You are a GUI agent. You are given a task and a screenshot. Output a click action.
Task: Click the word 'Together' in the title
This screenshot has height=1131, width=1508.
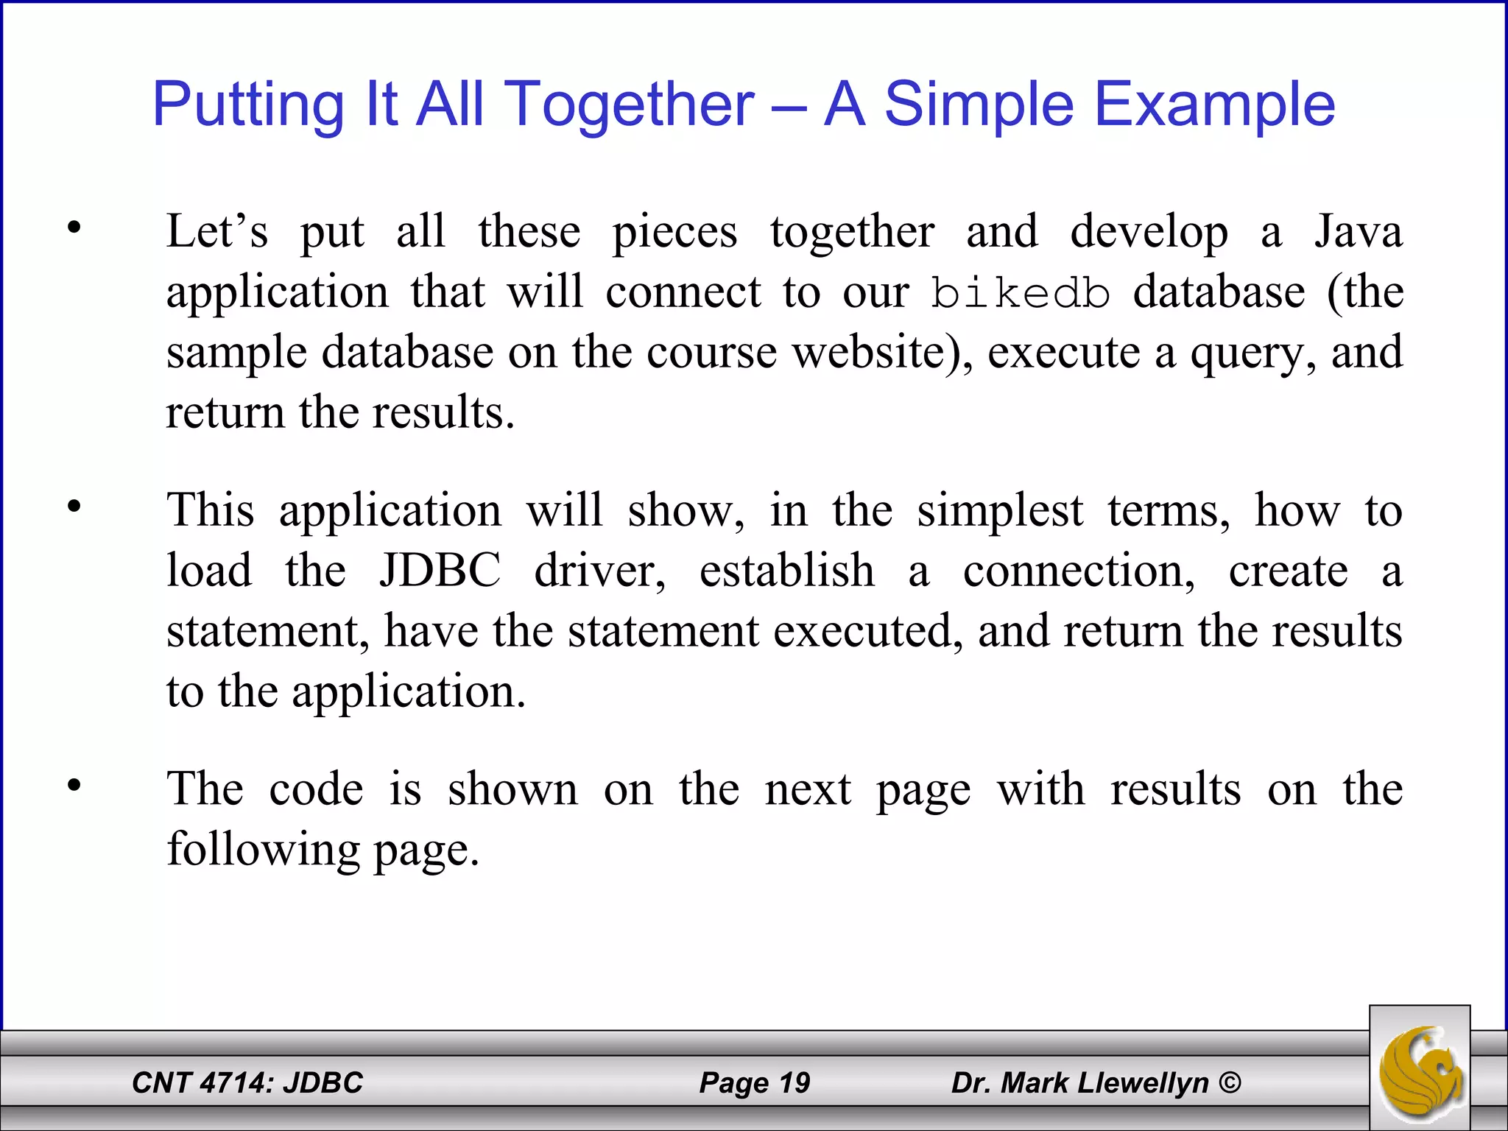(631, 105)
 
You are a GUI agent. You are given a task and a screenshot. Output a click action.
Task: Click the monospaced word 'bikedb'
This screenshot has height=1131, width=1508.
(1020, 293)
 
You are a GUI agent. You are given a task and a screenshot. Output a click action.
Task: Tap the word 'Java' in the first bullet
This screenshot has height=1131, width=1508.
(1359, 232)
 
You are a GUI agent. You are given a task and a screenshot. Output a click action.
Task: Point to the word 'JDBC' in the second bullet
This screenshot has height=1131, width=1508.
(440, 571)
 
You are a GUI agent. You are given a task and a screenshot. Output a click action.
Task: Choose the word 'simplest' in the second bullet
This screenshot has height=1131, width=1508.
(1000, 511)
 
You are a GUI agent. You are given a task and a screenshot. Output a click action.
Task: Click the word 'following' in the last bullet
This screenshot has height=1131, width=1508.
(263, 849)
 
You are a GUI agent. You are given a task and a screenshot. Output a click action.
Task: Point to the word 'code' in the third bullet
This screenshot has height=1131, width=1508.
(316, 789)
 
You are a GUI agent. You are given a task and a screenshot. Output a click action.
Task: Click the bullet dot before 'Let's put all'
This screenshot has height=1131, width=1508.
(74, 228)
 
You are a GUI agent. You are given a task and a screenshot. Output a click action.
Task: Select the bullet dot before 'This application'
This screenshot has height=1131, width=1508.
(74, 507)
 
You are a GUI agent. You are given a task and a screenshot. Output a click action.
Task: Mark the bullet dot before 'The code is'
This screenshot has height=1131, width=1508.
(74, 786)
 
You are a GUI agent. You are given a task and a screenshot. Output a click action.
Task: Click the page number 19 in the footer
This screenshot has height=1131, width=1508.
(794, 1083)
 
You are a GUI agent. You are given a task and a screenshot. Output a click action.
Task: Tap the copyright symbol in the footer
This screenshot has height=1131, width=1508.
(1230, 1083)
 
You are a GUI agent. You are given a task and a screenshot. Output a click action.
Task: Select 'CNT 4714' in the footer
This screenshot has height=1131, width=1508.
(202, 1083)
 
